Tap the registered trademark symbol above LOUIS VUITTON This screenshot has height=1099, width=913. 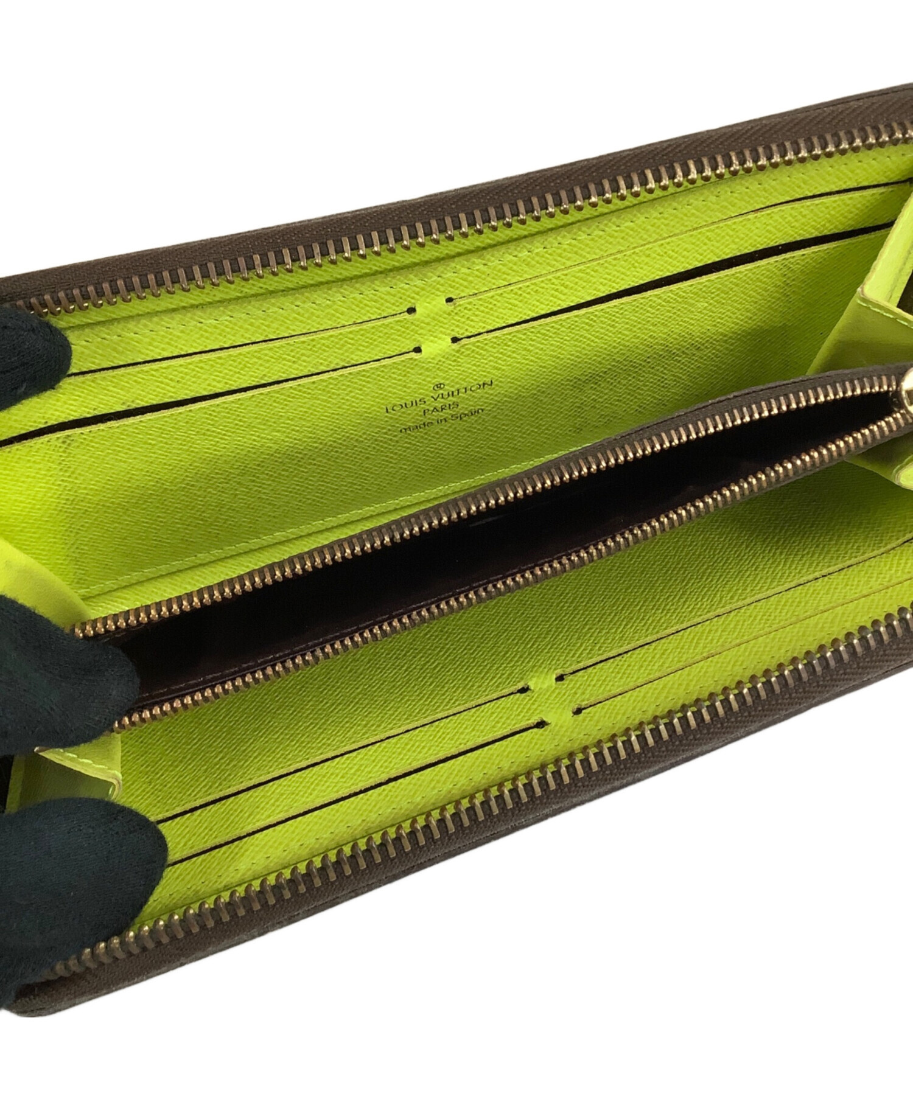435,386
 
